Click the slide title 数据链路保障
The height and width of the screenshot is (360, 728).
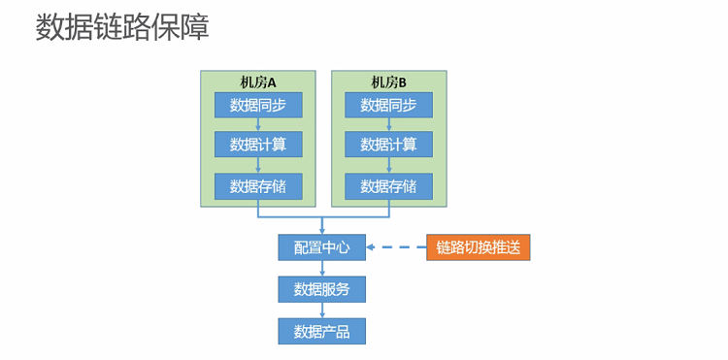pyautogui.click(x=122, y=28)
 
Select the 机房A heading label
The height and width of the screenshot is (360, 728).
pyautogui.click(x=258, y=82)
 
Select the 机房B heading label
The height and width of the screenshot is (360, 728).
pyautogui.click(x=388, y=82)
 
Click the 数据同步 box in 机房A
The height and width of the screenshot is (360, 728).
pyautogui.click(x=258, y=105)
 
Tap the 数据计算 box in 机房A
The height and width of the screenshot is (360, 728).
pyautogui.click(x=258, y=145)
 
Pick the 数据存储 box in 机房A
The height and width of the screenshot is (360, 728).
pyautogui.click(x=258, y=186)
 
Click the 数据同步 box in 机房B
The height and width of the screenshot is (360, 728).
pyautogui.click(x=388, y=105)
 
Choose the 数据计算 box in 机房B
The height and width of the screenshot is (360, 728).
pyautogui.click(x=388, y=145)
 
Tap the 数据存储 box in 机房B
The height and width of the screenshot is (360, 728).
pyautogui.click(x=388, y=186)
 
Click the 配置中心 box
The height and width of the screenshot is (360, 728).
pyautogui.click(x=321, y=247)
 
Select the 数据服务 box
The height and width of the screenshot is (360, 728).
pyautogui.click(x=321, y=289)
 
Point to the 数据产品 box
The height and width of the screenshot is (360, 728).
pyautogui.click(x=321, y=331)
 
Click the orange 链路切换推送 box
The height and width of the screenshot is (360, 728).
pyautogui.click(x=479, y=247)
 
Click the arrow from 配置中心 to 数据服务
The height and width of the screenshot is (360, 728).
pyautogui.click(x=321, y=268)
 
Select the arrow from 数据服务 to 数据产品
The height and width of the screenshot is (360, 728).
pyautogui.click(x=321, y=310)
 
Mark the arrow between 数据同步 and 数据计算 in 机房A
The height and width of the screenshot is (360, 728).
pyautogui.click(x=258, y=124)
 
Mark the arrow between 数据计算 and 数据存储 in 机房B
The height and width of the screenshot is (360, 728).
pyautogui.click(x=388, y=165)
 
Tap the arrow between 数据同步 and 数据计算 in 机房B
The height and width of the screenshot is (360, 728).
pyautogui.click(x=388, y=124)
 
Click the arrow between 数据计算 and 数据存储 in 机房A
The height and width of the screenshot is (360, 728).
pyautogui.click(x=258, y=165)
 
